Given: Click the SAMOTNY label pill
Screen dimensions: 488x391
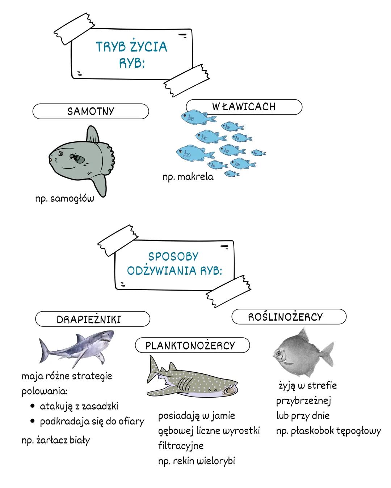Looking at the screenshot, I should (91, 111).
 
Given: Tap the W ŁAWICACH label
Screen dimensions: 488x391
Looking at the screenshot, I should (244, 107).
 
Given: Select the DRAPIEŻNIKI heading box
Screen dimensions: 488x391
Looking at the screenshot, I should (92, 319).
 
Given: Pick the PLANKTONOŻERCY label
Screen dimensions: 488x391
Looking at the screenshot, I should (192, 346).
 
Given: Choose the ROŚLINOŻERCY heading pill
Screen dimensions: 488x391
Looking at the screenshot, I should (289, 317).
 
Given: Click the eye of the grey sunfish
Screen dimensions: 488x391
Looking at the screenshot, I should (61, 154).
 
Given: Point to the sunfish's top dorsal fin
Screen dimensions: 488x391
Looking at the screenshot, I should (92, 134).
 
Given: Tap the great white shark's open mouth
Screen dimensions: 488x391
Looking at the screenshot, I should (106, 340).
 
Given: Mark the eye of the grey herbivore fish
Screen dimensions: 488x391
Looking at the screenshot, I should (278, 353).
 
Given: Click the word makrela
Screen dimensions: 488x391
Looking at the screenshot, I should (195, 177).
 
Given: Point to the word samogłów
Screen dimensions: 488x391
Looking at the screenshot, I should (72, 198).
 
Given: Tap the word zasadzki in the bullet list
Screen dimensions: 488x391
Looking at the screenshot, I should (100, 406).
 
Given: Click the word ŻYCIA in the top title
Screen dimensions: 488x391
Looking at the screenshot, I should (149, 47).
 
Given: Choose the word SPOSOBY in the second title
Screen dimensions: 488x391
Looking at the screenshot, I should (173, 256).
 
